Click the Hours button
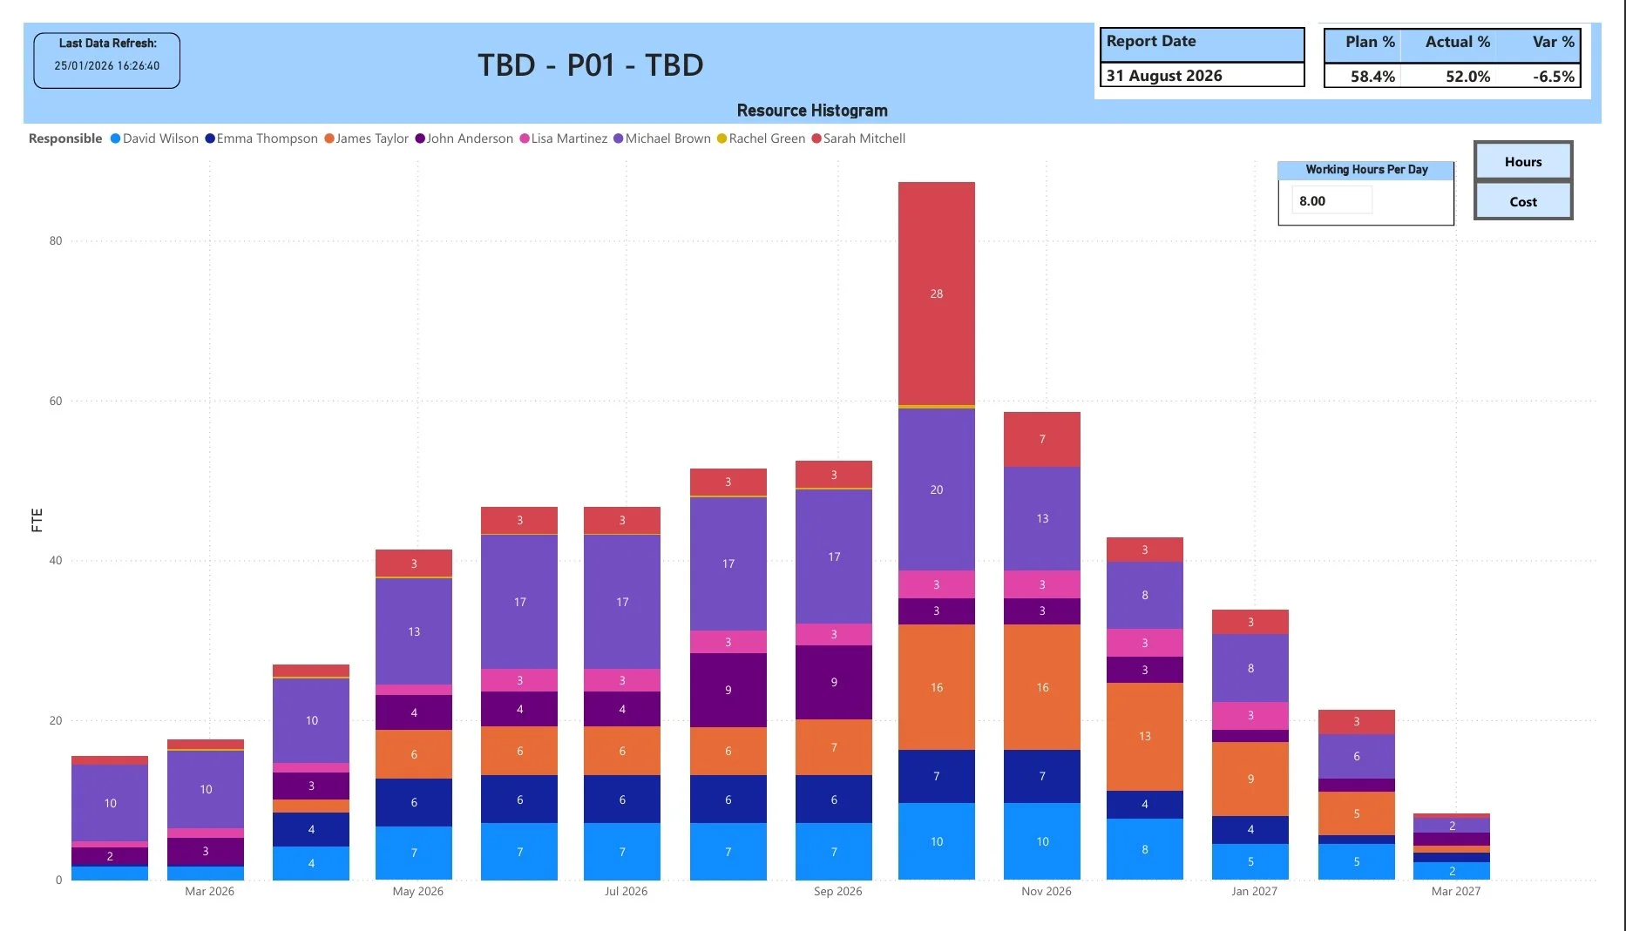coord(1522,162)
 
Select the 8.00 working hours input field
coord(1331,201)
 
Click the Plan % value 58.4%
coord(1372,77)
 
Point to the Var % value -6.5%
coord(1553,77)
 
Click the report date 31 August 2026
coord(1164,76)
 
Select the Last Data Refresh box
coord(107,60)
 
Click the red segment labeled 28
coord(936,293)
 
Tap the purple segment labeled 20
coord(936,489)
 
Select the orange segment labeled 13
coord(1144,736)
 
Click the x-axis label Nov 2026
coord(1046,891)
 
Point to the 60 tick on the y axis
coord(56,401)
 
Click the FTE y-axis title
coord(37,520)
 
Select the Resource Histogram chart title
coord(811,111)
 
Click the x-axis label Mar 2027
coord(1455,891)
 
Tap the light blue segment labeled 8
coord(1144,849)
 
